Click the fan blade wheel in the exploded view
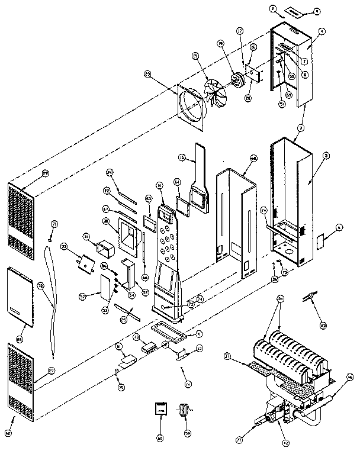tap(216, 93)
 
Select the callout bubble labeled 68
tap(253, 158)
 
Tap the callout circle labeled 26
tap(20, 339)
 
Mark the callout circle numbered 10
tap(159, 185)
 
